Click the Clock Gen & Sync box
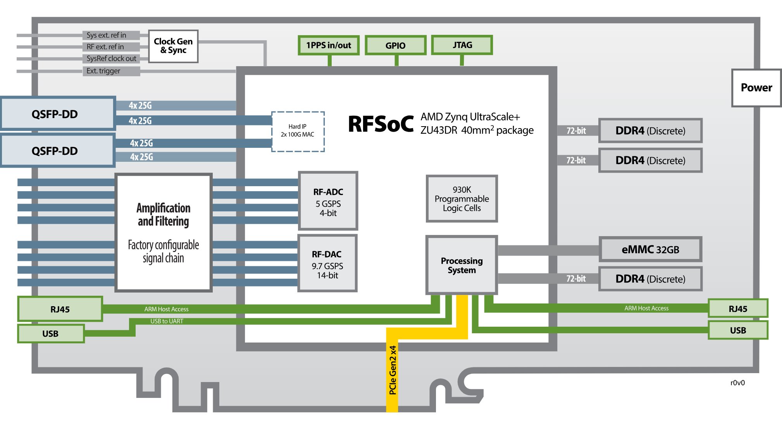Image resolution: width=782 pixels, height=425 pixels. click(173, 46)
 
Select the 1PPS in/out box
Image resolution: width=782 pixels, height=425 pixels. click(329, 45)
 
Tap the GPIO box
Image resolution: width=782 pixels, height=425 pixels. click(395, 46)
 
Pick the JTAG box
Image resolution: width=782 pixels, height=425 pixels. click(462, 45)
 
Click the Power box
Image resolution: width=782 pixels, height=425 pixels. click(756, 88)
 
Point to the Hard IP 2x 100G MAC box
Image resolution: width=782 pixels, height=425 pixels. click(298, 131)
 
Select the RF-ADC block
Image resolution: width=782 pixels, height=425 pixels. click(328, 201)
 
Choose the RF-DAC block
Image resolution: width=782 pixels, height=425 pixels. click(327, 263)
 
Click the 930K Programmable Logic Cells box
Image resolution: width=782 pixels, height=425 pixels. click(462, 199)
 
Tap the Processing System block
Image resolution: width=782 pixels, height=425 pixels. click(462, 265)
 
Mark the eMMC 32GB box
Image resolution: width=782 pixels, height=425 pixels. click(650, 250)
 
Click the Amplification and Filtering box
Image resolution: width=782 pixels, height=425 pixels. click(164, 232)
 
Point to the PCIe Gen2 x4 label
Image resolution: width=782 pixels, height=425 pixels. click(393, 370)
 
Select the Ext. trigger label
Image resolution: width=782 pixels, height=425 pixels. click(103, 71)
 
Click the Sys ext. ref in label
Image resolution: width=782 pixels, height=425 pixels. click(107, 35)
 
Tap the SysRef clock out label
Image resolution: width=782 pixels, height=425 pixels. click(111, 58)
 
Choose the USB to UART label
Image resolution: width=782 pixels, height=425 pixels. click(167, 321)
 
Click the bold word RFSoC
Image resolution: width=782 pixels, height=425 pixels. click(381, 124)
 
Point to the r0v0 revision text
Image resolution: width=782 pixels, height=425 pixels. click(737, 383)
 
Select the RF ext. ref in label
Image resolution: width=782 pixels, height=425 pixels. click(105, 47)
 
